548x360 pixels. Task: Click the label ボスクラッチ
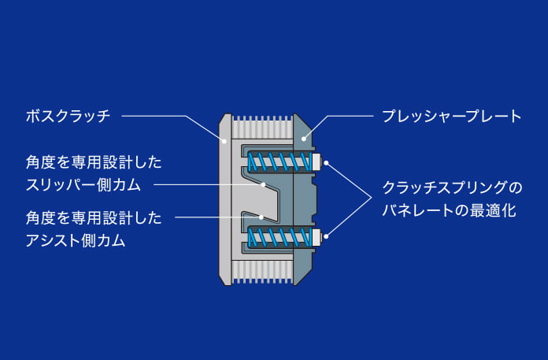click(x=67, y=117)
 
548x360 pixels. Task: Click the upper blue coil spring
click(x=276, y=162)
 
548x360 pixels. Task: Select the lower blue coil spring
click(x=276, y=236)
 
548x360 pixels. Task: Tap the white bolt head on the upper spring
click(x=317, y=162)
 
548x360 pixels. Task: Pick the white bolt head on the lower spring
click(x=317, y=236)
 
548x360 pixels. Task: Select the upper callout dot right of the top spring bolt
click(x=327, y=163)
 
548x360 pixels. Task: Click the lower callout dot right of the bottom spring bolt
click(x=327, y=236)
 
